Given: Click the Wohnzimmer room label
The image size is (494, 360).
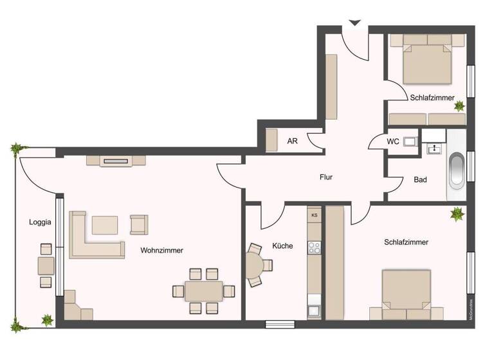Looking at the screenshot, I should pos(161,250).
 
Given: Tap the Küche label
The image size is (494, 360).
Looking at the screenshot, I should pos(282,245).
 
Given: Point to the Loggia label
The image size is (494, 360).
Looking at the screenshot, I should pos(39,222).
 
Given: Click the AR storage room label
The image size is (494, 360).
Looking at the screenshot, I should pos(292,141).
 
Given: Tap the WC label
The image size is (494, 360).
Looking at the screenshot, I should pos(393,141).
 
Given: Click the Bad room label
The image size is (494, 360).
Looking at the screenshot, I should pos(420,180).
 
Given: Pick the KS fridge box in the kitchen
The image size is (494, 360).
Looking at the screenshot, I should pos(315,215).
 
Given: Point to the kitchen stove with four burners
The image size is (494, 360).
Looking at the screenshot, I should pos(315,247).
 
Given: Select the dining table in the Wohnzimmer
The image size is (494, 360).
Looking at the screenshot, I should pos(203,291).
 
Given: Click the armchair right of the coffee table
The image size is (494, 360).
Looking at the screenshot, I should pos(138,224).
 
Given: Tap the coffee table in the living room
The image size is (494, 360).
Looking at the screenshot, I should pos(105,225).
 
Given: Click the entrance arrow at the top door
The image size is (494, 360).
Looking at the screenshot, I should pos(354,23).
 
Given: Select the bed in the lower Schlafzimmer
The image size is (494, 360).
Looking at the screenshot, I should pos(406,294).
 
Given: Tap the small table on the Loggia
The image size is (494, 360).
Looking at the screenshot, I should pos(46,265).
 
